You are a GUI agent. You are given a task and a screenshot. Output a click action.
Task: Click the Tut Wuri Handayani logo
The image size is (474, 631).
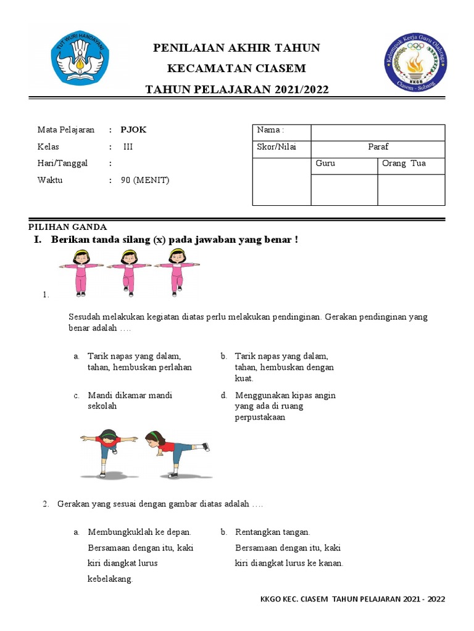click(x=81, y=59)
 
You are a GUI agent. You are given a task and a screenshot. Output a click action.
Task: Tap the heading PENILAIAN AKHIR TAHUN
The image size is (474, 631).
click(x=237, y=48)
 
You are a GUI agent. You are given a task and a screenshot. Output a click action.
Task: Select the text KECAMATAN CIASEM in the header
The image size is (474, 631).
click(x=237, y=68)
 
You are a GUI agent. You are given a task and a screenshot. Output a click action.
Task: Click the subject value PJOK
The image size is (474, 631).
click(x=133, y=130)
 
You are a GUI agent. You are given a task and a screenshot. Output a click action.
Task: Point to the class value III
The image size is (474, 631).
click(x=128, y=147)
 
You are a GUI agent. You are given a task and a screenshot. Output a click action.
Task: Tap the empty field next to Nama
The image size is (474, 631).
click(x=378, y=132)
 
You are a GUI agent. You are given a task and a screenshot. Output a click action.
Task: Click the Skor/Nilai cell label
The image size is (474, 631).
click(x=276, y=147)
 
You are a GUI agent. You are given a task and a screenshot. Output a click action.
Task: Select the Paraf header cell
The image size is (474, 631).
click(x=378, y=147)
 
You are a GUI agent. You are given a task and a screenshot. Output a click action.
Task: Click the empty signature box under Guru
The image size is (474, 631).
click(x=344, y=189)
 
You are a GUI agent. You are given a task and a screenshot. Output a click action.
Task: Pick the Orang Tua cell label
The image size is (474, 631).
click(x=404, y=163)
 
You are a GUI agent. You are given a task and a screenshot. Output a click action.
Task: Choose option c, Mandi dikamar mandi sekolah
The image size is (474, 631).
click(x=130, y=401)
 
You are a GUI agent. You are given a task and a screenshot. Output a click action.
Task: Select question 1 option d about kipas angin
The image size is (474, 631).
click(x=285, y=406)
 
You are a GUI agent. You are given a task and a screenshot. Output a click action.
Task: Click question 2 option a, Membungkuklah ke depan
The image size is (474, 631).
click(x=139, y=555)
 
